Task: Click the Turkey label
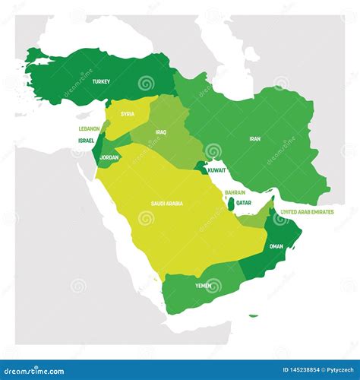[101, 81]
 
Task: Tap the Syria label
[128, 114]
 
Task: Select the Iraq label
[160, 131]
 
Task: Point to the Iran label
[255, 139]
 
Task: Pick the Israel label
[86, 141]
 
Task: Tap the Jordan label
[109, 157]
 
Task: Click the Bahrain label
[235, 193]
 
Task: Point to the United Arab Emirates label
[307, 212]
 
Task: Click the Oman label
[276, 245]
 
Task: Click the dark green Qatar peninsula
[230, 204]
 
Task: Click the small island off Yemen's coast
[253, 316]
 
